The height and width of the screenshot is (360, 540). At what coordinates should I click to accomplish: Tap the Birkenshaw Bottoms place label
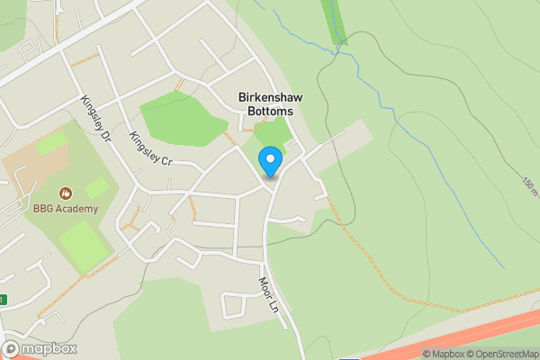[x=265, y=103]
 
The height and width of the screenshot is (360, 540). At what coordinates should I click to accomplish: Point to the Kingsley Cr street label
[x=150, y=149]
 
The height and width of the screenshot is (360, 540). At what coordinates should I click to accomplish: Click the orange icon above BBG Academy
[x=66, y=193]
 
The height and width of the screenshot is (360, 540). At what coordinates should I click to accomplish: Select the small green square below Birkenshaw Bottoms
[x=273, y=131]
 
